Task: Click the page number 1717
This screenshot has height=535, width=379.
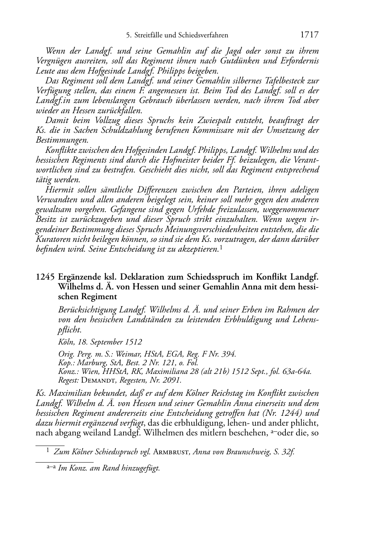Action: coord(310,35)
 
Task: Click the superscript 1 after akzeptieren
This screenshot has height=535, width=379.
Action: coord(221,248)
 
